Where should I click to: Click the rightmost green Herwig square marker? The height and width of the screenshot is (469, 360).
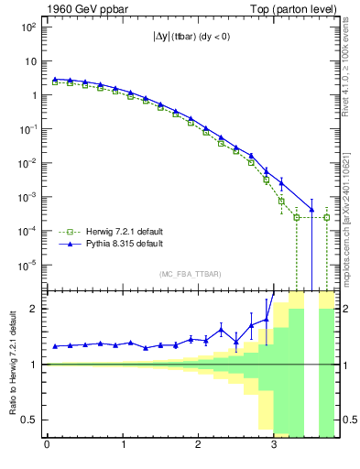(x=327, y=218)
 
